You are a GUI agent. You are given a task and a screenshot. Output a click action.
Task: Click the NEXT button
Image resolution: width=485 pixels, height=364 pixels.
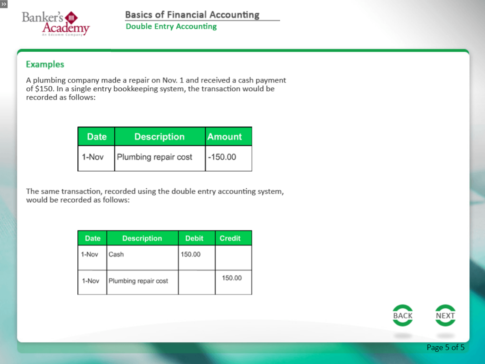click(445, 315)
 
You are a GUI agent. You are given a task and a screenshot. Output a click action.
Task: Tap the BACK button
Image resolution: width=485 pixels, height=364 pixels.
click(402, 315)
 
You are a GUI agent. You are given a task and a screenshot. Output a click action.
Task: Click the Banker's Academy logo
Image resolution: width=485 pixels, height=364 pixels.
click(56, 23)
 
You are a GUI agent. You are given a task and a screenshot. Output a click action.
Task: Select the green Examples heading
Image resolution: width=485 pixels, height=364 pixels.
click(45, 64)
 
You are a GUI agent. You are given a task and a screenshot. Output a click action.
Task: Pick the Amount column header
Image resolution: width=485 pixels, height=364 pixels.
click(224, 137)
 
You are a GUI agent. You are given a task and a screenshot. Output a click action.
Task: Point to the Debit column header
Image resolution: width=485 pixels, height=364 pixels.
click(194, 238)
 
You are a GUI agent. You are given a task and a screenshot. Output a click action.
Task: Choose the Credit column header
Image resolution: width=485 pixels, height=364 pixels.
click(230, 238)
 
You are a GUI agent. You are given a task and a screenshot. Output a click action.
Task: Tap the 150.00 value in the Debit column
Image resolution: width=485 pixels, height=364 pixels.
click(191, 254)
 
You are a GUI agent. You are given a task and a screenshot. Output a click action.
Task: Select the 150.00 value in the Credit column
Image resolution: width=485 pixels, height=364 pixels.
click(232, 278)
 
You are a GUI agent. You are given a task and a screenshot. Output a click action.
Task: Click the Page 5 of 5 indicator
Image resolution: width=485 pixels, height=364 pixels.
click(445, 347)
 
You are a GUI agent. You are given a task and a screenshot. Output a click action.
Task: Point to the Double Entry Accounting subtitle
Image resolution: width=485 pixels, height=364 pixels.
click(171, 27)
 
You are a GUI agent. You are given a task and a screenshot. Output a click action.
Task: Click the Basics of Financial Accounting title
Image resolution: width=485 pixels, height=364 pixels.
click(192, 14)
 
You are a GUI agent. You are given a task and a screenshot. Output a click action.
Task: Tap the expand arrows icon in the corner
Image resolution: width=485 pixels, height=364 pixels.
click(4, 4)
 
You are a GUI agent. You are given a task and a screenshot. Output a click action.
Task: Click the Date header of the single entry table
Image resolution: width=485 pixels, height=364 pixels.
click(97, 137)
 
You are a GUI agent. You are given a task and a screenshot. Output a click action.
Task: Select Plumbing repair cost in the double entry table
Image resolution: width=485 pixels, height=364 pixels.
click(138, 281)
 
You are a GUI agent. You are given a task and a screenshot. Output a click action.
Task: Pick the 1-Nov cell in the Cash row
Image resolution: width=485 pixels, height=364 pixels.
click(90, 254)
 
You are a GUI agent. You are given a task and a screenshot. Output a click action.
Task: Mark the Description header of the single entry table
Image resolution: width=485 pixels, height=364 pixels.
click(159, 137)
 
